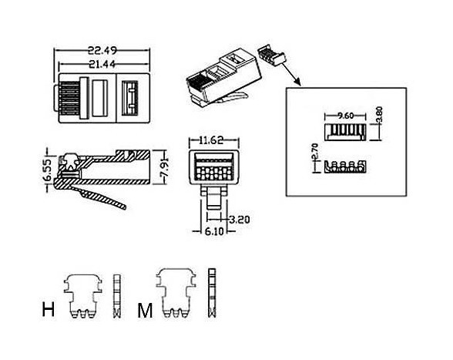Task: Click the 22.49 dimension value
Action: (x=102, y=51)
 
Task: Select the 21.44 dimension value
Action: (x=102, y=64)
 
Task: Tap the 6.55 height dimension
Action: (x=48, y=170)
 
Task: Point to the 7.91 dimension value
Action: (x=164, y=168)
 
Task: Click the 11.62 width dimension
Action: (x=211, y=140)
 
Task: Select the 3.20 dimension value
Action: (x=240, y=220)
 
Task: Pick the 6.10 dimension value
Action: (x=214, y=231)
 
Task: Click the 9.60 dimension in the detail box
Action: (x=345, y=116)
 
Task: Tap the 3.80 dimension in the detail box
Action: (x=379, y=116)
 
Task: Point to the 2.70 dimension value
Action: (x=314, y=152)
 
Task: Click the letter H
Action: (x=49, y=309)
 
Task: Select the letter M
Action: (x=145, y=311)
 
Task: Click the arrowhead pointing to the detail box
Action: (x=298, y=83)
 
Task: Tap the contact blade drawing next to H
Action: (x=83, y=296)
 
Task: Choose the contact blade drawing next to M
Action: (x=176, y=293)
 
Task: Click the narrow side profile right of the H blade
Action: (x=117, y=296)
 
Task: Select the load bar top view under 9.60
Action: (x=345, y=132)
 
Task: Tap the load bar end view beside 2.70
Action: (x=345, y=167)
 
